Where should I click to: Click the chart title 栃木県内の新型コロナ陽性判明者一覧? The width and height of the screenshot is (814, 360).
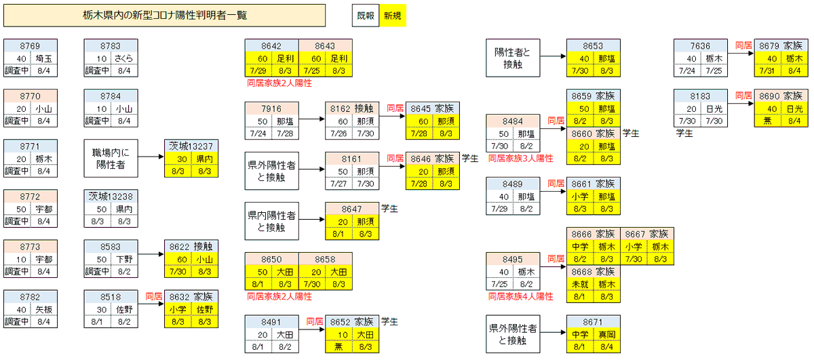click(x=164, y=16)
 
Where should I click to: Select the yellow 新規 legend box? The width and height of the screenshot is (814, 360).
click(x=392, y=16)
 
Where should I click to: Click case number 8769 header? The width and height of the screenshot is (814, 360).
click(x=30, y=46)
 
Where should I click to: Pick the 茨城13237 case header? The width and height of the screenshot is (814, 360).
click(x=191, y=146)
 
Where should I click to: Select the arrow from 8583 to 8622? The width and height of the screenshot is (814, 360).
click(x=150, y=258)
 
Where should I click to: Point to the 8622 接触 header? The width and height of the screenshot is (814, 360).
click(x=191, y=246)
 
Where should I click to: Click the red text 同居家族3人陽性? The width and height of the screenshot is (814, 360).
click(x=521, y=159)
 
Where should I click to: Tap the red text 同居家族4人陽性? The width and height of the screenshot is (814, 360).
click(x=521, y=296)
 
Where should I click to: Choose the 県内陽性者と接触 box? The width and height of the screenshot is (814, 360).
click(x=271, y=221)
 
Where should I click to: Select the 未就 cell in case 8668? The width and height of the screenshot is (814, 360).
click(x=580, y=284)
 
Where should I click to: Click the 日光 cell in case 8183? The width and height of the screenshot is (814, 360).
click(x=714, y=108)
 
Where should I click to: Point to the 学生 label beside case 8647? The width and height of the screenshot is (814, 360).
click(x=389, y=207)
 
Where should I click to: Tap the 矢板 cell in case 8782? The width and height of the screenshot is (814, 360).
click(x=44, y=309)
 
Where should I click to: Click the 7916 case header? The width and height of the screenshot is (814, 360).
click(x=271, y=108)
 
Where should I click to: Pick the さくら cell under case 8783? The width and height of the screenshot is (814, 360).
click(x=124, y=58)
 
